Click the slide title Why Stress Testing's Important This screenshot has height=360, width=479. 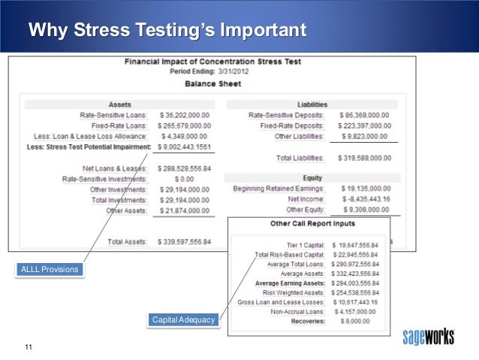167,32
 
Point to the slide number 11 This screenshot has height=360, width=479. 29,346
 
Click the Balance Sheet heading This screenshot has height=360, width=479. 212,84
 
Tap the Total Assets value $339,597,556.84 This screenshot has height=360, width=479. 185,242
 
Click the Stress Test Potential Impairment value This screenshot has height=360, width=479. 185,148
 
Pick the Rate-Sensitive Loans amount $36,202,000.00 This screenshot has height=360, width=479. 185,115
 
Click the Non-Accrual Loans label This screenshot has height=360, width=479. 297,311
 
